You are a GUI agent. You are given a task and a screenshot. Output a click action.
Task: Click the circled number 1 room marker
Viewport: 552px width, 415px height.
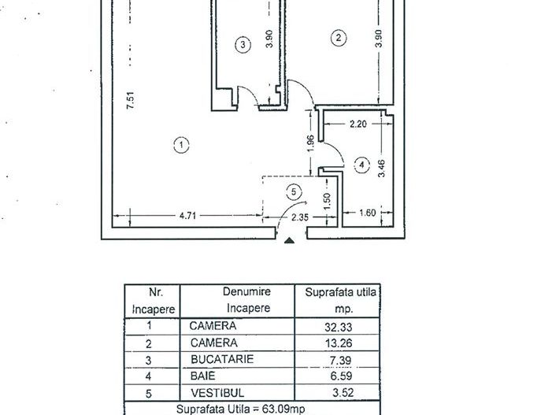click(182, 144)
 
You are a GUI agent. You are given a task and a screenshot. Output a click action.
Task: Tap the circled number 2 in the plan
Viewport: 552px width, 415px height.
click(339, 36)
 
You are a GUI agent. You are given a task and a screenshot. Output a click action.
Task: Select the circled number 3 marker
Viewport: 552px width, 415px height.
click(243, 45)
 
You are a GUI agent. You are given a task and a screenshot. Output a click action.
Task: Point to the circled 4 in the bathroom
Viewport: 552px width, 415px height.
click(361, 165)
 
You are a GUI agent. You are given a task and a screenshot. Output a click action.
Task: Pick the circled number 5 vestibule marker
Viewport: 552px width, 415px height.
click(295, 190)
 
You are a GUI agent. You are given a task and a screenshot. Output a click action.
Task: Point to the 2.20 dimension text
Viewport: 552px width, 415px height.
click(358, 124)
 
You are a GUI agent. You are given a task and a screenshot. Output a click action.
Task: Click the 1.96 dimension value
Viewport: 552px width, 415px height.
click(311, 143)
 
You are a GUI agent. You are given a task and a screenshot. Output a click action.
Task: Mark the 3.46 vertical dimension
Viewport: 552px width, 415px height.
click(381, 169)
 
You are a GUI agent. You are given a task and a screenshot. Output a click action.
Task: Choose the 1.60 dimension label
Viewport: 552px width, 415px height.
click(367, 213)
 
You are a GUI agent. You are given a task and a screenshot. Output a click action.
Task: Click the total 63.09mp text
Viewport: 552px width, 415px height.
click(250, 409)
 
